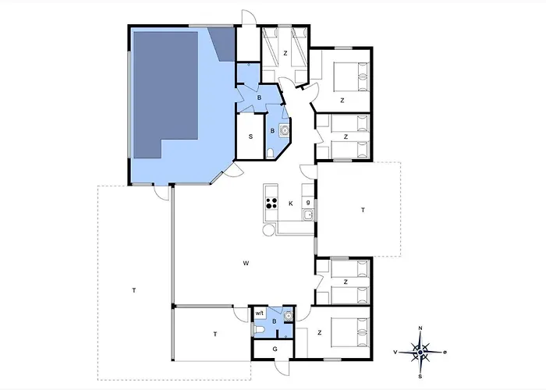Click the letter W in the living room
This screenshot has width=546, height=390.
(246, 264)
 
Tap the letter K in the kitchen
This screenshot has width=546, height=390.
(291, 204)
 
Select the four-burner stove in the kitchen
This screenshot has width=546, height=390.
(271, 203)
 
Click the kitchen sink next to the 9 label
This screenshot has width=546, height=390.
(308, 215)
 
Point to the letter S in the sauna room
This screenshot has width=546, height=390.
(250, 136)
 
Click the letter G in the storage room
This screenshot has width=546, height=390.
(275, 349)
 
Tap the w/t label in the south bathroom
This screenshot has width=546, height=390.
(260, 313)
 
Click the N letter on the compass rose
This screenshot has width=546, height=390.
(420, 328)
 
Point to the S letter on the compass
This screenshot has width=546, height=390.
(420, 377)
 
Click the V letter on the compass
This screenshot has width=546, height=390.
(395, 353)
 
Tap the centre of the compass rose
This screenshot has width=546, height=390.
(420, 353)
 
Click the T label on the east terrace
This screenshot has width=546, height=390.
(363, 210)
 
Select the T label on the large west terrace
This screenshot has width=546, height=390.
(134, 290)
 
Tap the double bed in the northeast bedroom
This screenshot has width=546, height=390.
(351, 77)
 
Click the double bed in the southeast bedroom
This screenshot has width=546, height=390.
(351, 332)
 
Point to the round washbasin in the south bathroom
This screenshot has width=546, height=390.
(288, 316)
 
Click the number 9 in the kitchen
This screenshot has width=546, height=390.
(308, 203)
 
